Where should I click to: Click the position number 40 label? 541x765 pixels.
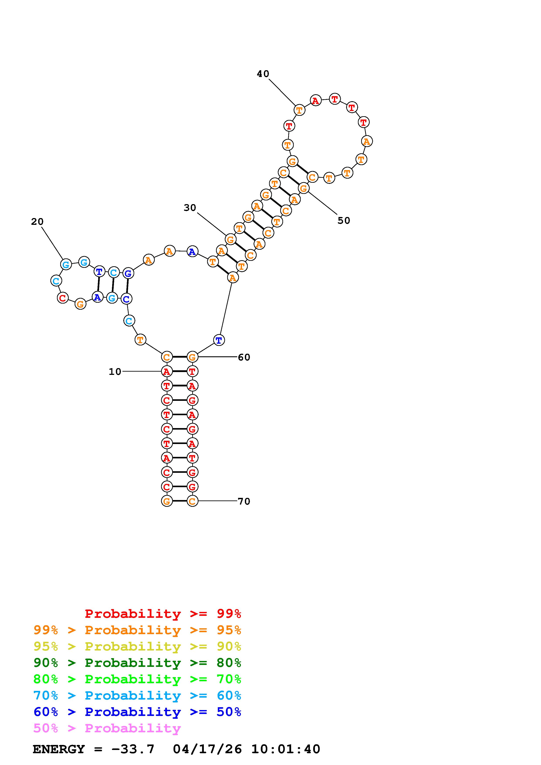263,74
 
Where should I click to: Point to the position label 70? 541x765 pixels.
244,501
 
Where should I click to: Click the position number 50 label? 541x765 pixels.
344,220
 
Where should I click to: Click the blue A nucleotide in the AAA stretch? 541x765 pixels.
192,252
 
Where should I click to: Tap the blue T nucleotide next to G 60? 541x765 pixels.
219,340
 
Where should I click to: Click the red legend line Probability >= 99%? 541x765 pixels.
163,614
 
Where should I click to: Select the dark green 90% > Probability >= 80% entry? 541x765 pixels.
137,663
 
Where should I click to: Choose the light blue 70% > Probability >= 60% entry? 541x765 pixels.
137,695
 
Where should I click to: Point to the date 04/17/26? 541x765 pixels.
207,749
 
